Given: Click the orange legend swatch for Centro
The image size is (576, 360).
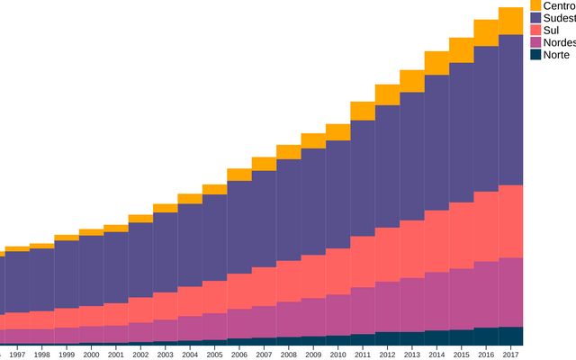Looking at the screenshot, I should click(536, 5).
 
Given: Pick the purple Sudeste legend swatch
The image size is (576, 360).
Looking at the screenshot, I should click(536, 18).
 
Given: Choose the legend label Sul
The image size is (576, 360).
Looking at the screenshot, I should click(551, 31).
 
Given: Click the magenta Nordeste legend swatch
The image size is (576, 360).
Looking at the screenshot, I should click(536, 42).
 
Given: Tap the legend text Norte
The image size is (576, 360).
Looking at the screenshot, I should click(556, 55).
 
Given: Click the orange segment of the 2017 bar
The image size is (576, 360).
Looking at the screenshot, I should click(510, 21).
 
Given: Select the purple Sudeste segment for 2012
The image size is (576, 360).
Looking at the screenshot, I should click(387, 166).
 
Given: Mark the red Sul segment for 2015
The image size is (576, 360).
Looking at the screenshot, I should click(461, 235).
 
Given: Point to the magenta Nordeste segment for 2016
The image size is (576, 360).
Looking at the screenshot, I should click(486, 294).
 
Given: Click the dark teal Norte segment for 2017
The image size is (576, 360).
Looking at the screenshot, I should click(510, 336).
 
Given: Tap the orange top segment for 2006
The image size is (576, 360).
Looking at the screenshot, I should click(238, 175).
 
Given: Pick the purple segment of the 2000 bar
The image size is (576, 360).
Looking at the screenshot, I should click(91, 270).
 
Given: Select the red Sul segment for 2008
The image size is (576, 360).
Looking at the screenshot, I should click(288, 281).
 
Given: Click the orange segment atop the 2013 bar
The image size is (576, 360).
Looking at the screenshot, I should click(411, 81).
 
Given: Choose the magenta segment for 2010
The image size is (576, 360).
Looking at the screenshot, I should click(337, 315).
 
